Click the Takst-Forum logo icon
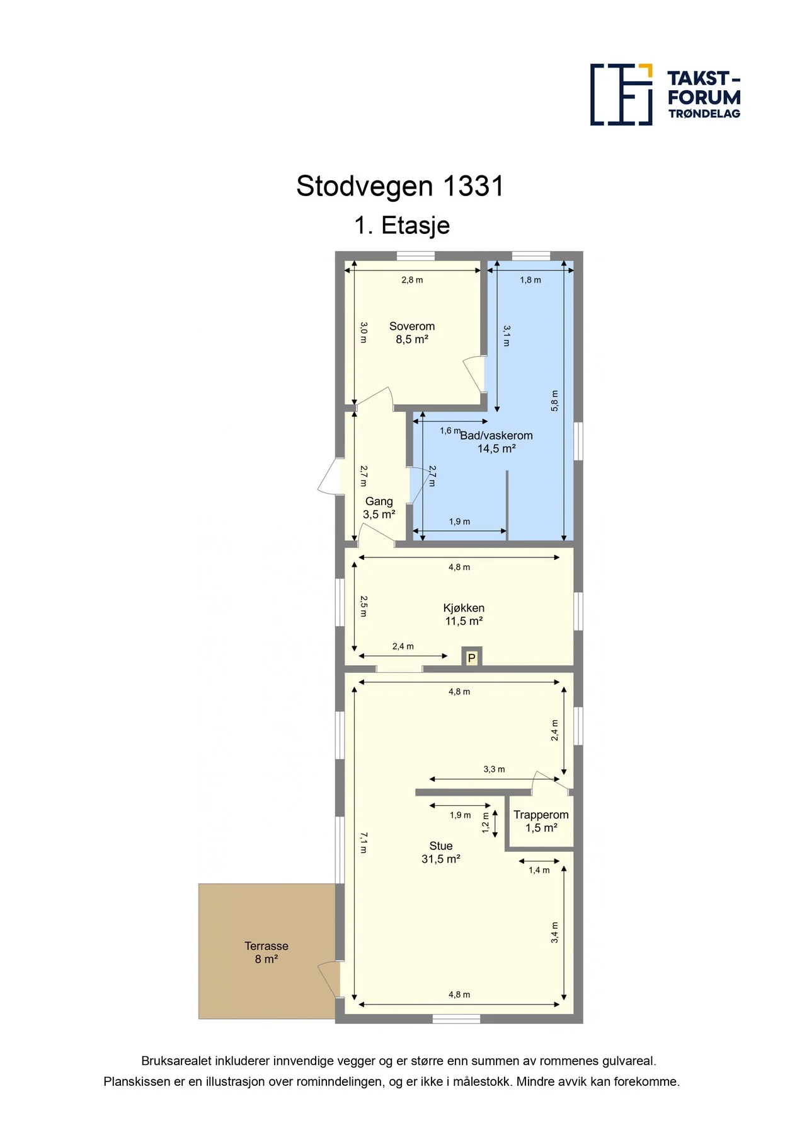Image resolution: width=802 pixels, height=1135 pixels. pyautogui.click(x=621, y=95)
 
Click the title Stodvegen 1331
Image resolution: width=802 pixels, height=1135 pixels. pyautogui.click(x=400, y=186)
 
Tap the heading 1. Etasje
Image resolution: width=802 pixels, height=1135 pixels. pyautogui.click(x=402, y=226)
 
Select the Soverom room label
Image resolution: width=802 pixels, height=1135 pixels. pyautogui.click(x=412, y=326)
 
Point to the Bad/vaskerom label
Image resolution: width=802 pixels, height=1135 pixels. pyautogui.click(x=496, y=435)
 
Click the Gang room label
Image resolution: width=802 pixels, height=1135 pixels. pyautogui.click(x=379, y=501)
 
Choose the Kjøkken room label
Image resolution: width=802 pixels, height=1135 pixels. pyautogui.click(x=464, y=608)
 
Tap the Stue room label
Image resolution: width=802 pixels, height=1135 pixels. pyautogui.click(x=441, y=846)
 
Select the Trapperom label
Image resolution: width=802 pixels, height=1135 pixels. pyautogui.click(x=541, y=815)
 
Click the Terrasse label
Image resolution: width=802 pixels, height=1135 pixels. pyautogui.click(x=266, y=946)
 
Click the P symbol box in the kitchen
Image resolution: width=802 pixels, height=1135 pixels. pyautogui.click(x=471, y=657)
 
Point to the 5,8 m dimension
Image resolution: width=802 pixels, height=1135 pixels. pyautogui.click(x=554, y=401)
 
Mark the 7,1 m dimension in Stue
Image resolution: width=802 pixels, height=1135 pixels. pyautogui.click(x=364, y=842)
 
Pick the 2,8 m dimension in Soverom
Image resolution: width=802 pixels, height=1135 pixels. pyautogui.click(x=412, y=280)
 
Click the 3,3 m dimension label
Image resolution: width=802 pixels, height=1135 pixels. pyautogui.click(x=494, y=769)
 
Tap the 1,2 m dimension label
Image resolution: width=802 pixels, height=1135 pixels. pyautogui.click(x=485, y=823)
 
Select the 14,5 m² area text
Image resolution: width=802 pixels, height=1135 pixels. pyautogui.click(x=496, y=448)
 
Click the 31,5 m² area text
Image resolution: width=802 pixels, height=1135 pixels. pyautogui.click(x=441, y=859)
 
